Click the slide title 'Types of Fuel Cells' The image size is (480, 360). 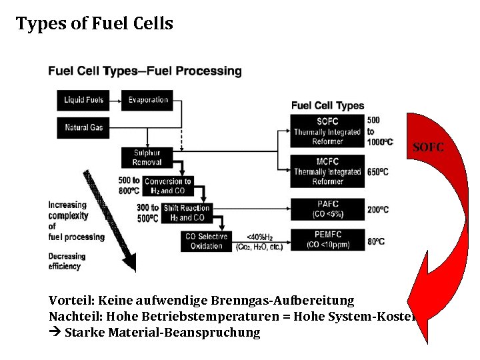(x=95, y=24)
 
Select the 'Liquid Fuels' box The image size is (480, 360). (x=84, y=100)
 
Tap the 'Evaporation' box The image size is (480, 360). (x=148, y=100)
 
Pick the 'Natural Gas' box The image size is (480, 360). (x=84, y=127)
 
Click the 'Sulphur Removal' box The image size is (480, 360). (x=147, y=157)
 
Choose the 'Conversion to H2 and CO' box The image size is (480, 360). (x=167, y=186)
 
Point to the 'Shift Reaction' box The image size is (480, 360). (x=186, y=213)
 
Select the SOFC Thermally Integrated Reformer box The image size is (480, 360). (x=327, y=131)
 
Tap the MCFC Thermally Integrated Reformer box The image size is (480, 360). (x=327, y=171)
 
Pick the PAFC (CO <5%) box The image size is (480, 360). (x=327, y=209)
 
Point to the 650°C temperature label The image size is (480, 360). (x=377, y=172)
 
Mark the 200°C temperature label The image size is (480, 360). (x=377, y=209)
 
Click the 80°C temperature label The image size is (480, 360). (x=375, y=241)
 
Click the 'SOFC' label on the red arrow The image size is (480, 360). (x=428, y=147)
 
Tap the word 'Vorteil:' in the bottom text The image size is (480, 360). (x=71, y=301)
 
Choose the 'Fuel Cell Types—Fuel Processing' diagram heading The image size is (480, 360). (x=145, y=71)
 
